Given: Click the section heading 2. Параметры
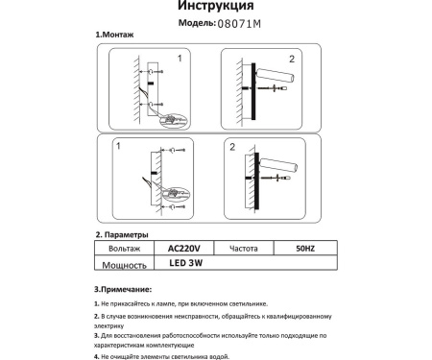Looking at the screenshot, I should pos(122,234).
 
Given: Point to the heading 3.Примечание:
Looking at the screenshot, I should pos(123,288).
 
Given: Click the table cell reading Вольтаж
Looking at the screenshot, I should pos(122,248).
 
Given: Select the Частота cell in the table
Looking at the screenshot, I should pos(246,248).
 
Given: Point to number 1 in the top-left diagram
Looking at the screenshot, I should pos(179,59).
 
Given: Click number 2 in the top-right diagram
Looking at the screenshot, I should pos(235,60).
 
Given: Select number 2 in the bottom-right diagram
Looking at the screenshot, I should pos(233,148).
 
